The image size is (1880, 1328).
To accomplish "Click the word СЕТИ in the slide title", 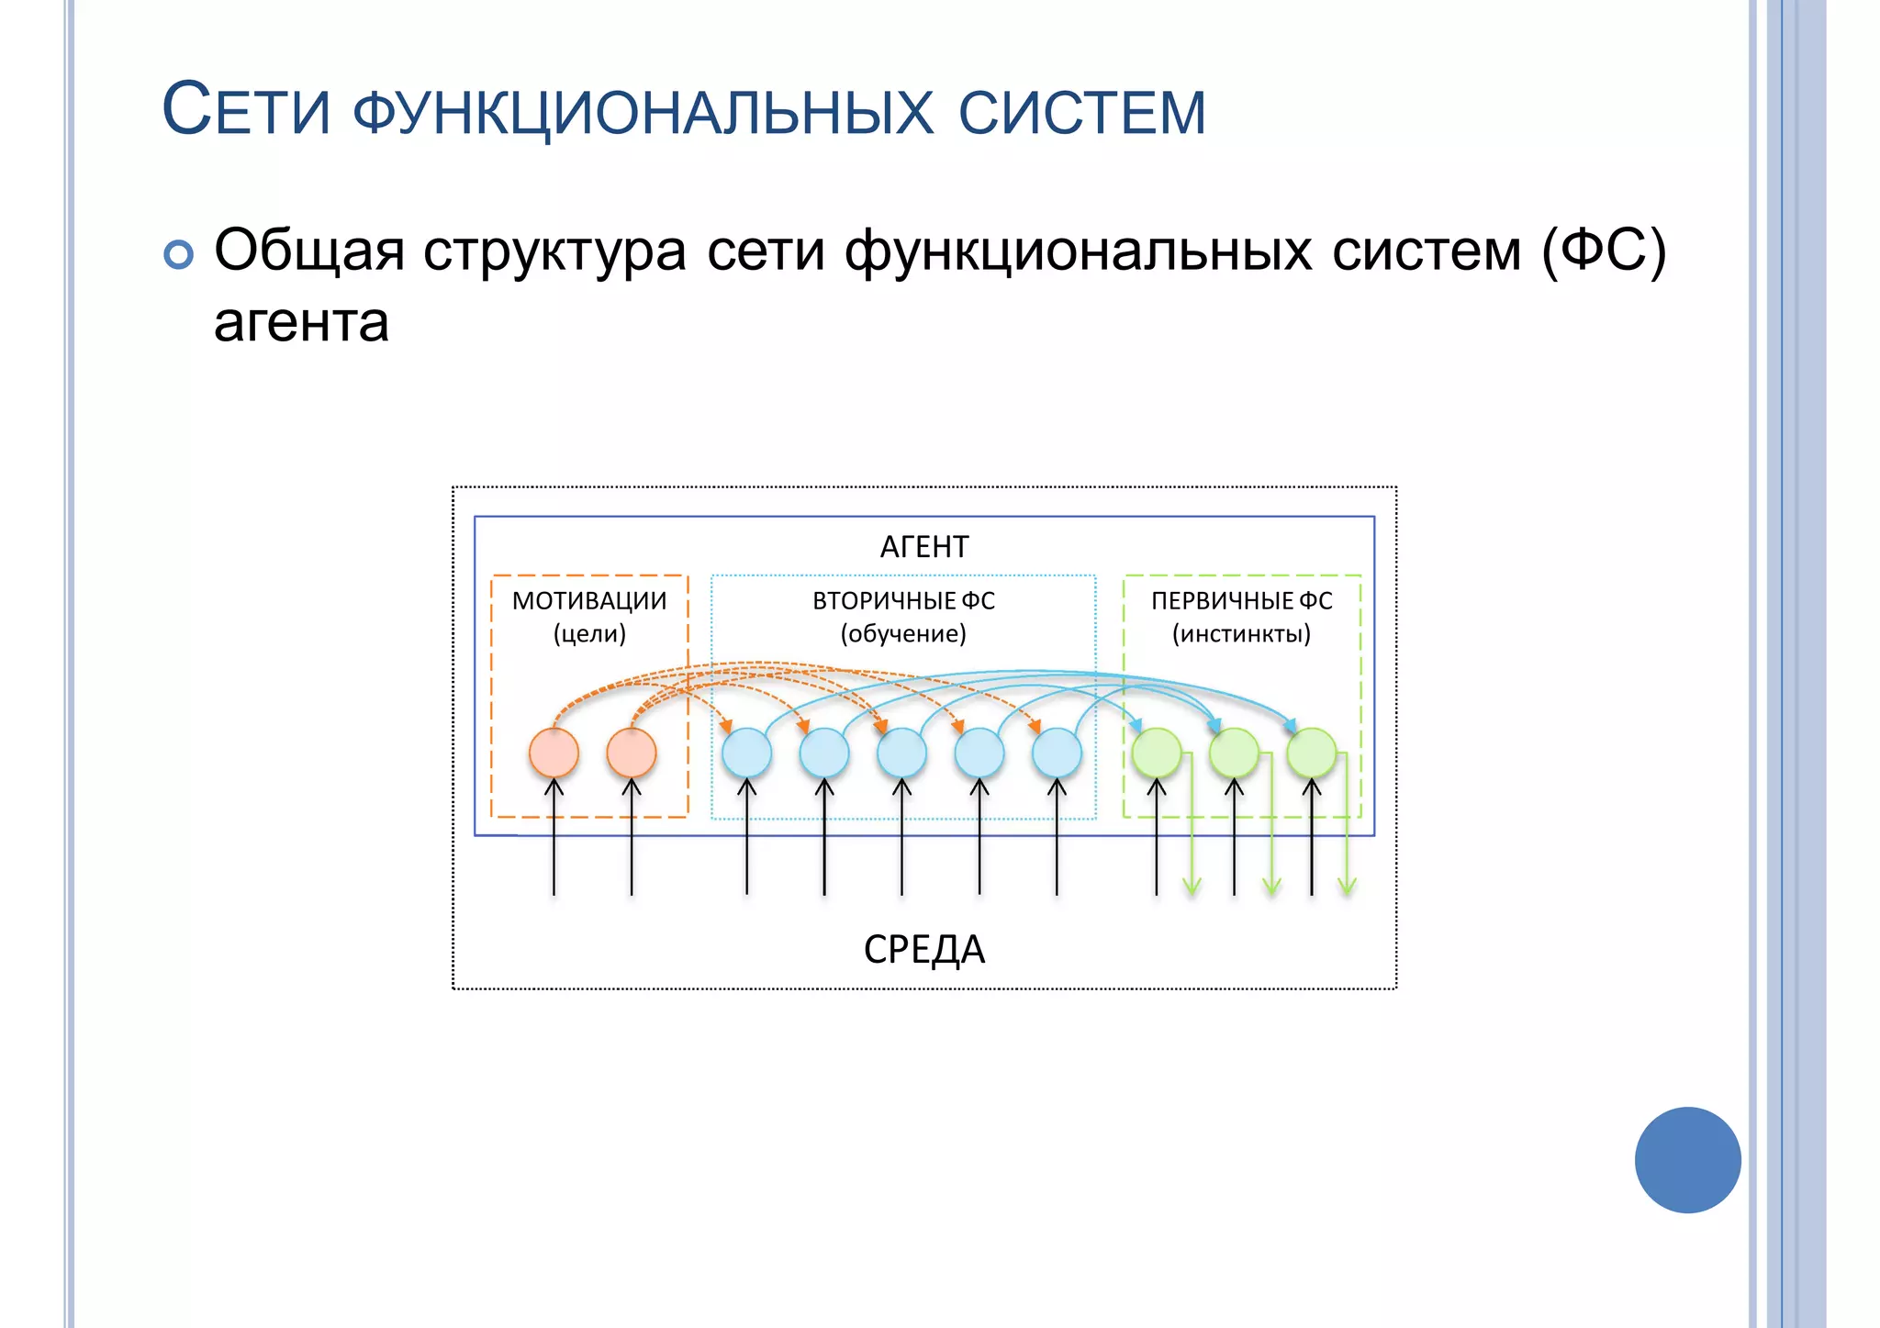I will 246,111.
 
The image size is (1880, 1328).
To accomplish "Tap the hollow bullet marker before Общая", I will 179,254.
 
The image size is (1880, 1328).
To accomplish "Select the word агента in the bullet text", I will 301,323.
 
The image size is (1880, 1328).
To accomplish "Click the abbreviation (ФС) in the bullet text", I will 1603,251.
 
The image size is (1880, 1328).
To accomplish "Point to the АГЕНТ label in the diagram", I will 923,547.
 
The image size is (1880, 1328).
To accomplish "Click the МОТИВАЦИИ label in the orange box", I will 589,601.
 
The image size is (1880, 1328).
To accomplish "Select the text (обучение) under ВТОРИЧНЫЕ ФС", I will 903,634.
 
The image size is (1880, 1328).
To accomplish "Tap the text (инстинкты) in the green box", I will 1241,634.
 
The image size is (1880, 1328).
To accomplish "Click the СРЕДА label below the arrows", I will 923,949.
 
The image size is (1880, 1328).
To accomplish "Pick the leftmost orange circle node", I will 554,753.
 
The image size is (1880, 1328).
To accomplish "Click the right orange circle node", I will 632,753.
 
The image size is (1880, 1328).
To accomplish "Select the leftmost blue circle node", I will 746,753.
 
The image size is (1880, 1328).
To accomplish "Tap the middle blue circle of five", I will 901,753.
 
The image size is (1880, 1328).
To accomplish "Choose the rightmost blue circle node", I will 1057,753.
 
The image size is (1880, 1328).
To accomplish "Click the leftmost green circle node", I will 1157,753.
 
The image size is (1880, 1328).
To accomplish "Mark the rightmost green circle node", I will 1312,753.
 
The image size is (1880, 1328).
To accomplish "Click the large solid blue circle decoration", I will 1687,1160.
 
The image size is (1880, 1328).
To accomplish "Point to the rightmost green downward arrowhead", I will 1347,888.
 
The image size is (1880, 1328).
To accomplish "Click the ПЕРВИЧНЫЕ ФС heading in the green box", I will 1241,601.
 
